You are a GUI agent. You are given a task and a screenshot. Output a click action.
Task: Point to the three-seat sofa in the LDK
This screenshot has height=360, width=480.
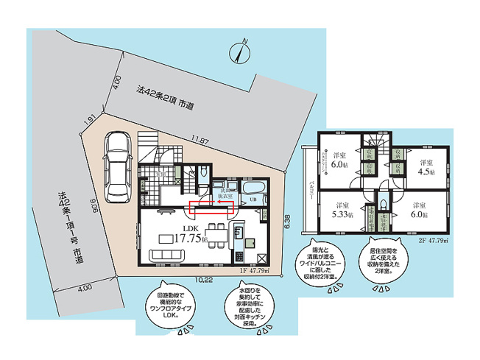(x=170, y=255)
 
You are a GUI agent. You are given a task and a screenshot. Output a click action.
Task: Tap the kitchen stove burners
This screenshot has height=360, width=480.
(x=239, y=256)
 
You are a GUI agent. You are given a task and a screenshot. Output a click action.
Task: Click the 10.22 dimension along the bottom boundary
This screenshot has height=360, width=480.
(x=205, y=280)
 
